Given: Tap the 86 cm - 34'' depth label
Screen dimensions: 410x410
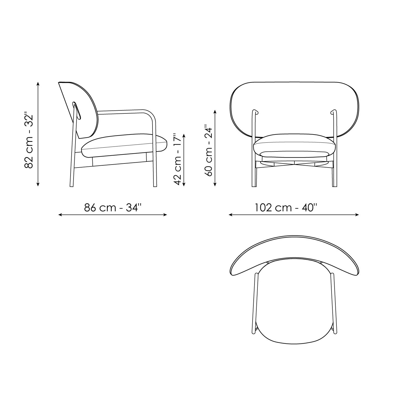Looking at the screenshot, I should point(113,207).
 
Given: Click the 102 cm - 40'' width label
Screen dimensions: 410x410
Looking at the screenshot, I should point(286,207).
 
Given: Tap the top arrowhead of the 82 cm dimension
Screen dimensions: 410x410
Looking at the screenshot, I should point(38,83).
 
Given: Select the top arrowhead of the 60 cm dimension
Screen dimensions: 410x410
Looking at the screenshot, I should point(215,112).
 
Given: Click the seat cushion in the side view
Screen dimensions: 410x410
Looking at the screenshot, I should point(123,145).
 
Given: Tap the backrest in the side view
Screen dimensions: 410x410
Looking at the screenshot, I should point(82,109).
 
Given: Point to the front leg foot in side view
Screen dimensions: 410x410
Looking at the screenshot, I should point(155,186).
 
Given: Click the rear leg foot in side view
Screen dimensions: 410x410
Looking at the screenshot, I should point(72,186).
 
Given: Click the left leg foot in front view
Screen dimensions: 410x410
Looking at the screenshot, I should point(254,186).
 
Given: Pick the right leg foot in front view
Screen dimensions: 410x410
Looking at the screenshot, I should point(335,186).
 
